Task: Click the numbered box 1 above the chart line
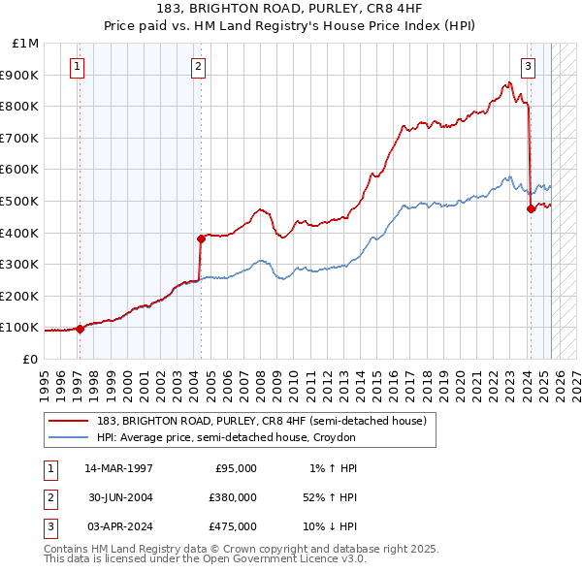click(77, 67)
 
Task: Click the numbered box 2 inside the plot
click(197, 67)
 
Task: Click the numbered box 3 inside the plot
click(528, 67)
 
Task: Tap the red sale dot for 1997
click(80, 329)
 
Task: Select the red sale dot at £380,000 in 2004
click(201, 238)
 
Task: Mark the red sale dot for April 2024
click(531, 208)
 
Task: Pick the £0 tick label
click(30, 359)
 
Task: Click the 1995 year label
click(44, 379)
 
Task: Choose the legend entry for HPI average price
click(226, 437)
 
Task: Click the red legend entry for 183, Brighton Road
click(261, 421)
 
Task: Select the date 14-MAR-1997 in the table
click(118, 467)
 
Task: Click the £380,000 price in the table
click(233, 496)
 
